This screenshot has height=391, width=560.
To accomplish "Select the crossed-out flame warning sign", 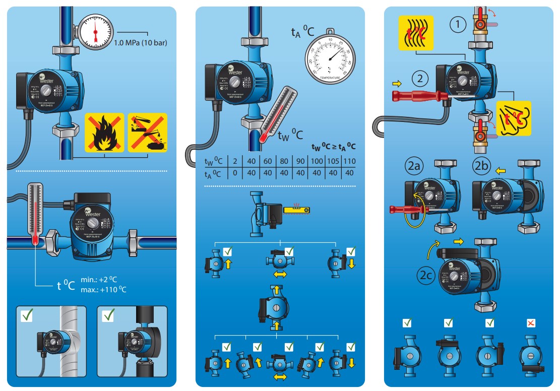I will tap(104, 132).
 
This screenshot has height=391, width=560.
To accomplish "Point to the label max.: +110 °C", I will tap(103, 289).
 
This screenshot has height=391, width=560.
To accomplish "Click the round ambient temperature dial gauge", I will tap(329, 58).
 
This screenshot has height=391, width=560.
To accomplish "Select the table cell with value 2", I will tap(235, 162).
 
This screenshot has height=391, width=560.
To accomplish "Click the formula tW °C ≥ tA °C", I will tap(334, 147).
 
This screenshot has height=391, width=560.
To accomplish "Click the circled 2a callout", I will tap(414, 166).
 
